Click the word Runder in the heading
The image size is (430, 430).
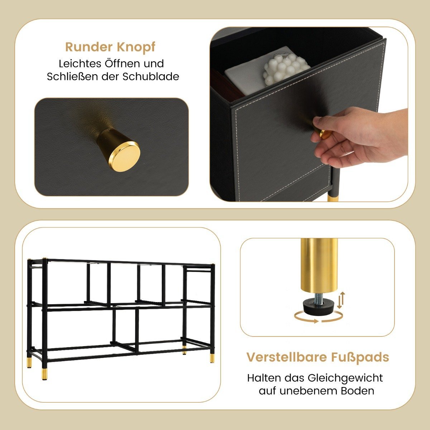89,47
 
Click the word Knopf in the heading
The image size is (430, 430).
136,48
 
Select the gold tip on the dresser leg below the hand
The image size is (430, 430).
333,198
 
